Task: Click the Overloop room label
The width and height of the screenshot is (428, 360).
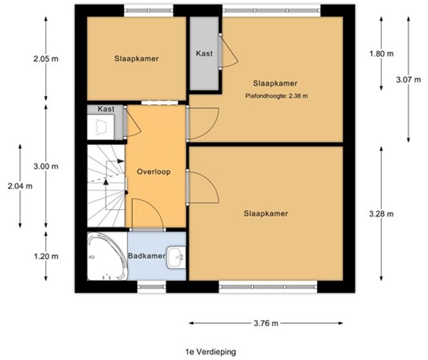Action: pos(154,171)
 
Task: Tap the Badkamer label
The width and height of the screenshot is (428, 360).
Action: pos(146,256)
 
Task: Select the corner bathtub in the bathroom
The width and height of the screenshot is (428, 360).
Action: pos(106,256)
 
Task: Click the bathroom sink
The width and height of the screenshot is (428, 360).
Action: pos(176,257)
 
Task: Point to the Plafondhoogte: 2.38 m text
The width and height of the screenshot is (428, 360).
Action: pos(277,96)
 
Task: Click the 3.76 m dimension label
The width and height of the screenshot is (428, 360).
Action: pos(265,323)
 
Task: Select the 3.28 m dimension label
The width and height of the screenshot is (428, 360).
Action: pos(381,214)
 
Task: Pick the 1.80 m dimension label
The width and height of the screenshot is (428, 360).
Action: pos(381,54)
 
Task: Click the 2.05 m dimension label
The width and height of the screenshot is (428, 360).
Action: pos(46,58)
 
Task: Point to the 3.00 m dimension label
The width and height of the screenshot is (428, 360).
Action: pos(46,166)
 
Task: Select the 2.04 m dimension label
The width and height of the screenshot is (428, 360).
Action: pos(20,186)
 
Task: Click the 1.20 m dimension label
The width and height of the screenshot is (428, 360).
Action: pos(46,256)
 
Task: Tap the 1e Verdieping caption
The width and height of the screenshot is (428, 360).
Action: pos(210,352)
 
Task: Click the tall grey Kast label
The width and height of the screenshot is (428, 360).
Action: pos(204,53)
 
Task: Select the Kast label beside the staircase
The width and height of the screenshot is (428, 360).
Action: pos(106,109)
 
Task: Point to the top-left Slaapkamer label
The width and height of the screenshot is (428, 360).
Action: pos(136,58)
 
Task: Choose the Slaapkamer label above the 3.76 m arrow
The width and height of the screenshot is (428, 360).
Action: pos(266,213)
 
